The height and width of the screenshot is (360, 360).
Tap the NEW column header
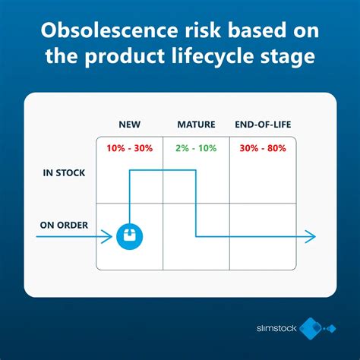[x=130, y=124]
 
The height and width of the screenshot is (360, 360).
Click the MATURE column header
[x=196, y=124]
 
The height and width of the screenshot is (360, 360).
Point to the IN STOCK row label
[x=63, y=172]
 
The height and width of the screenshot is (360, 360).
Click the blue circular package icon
[x=130, y=237]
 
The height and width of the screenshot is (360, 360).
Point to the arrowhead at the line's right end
[x=310, y=237]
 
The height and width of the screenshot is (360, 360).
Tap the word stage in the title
[x=290, y=59]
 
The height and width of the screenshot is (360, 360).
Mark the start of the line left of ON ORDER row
[x=38, y=237]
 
